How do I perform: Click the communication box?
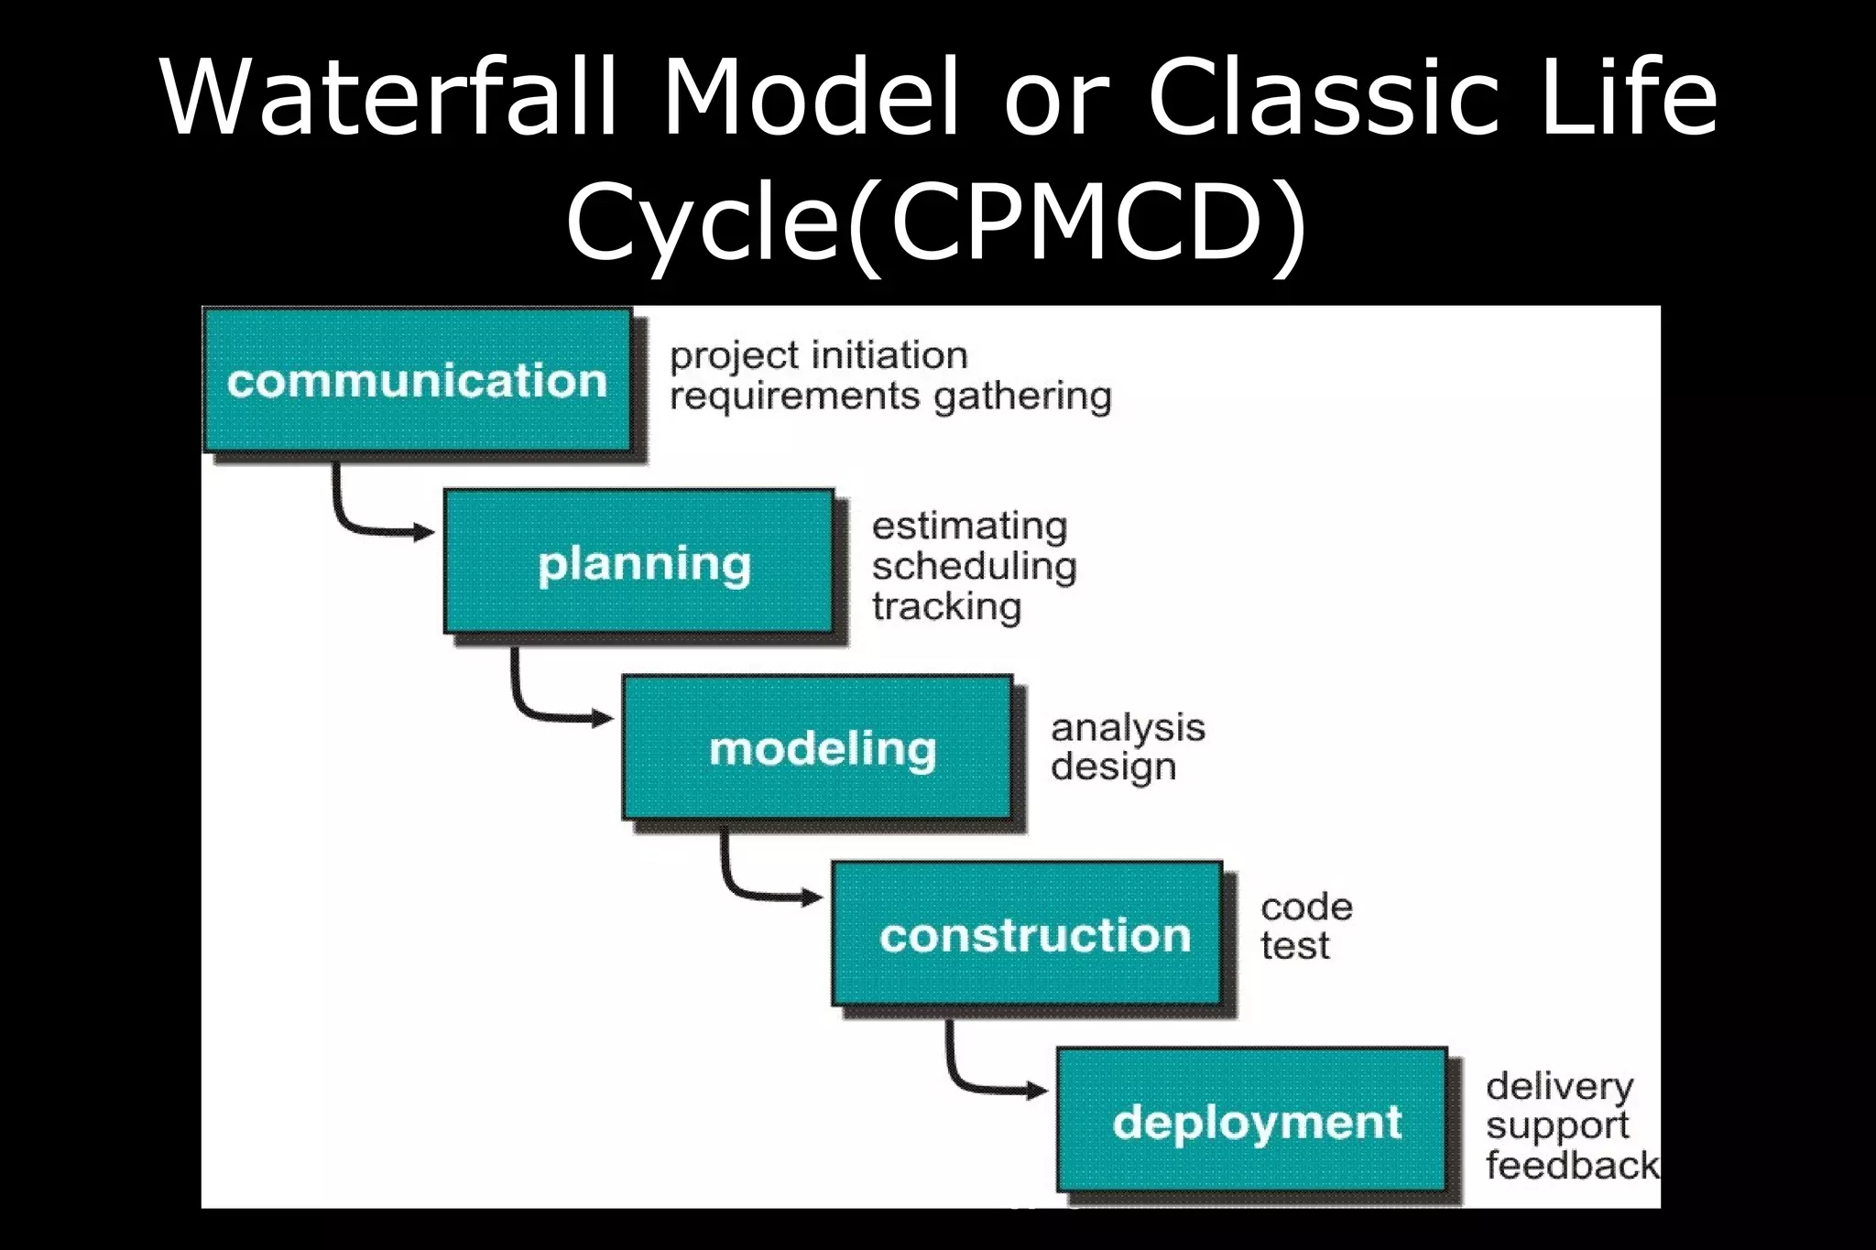coord(417,380)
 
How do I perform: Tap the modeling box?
coord(817,747)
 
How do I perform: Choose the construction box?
coord(1027,933)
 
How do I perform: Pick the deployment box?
coord(1252,1119)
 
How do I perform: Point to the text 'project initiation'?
coord(818,355)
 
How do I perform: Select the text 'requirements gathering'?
coord(890,397)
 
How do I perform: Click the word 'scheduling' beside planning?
coord(974,567)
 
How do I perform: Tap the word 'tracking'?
coord(946,606)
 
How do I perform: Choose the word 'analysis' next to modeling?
coord(1128,728)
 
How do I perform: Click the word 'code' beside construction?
coord(1306,907)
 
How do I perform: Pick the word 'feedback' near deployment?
coord(1570,1165)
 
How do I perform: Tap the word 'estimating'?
coord(969,526)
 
